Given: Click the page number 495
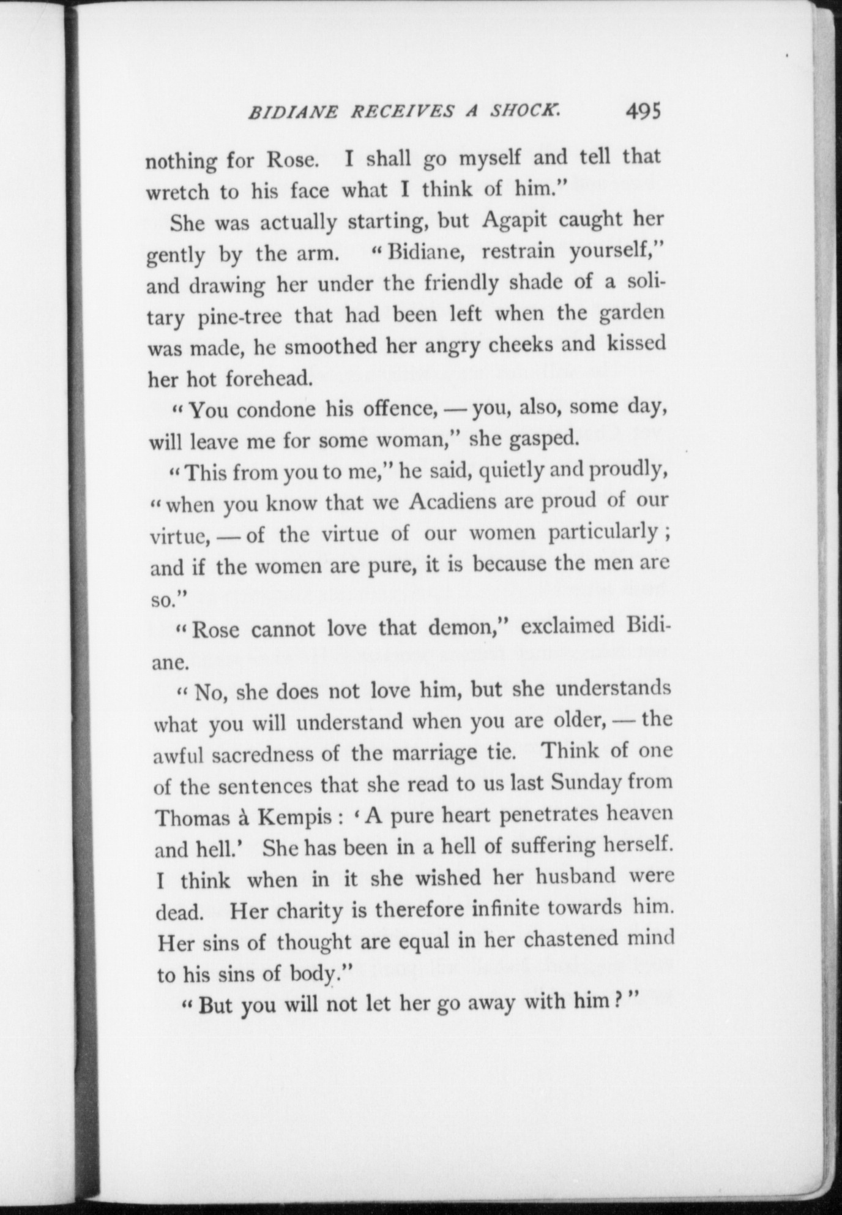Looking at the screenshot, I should click(x=643, y=111).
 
